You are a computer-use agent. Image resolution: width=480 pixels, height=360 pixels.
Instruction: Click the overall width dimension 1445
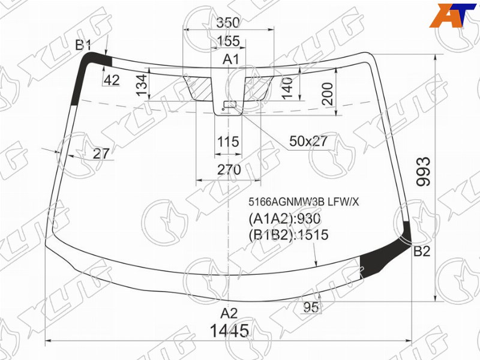229,331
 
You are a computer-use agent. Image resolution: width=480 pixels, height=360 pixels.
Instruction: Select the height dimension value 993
424,172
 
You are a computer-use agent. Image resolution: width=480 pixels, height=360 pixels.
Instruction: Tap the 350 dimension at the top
228,22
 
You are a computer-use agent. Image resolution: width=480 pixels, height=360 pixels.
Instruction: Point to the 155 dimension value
228,41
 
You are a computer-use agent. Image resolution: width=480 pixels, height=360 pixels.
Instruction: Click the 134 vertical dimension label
142,85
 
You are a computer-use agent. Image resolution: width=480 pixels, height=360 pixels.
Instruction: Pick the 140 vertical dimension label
287,88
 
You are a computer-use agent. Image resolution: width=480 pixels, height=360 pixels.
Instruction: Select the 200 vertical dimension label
327,94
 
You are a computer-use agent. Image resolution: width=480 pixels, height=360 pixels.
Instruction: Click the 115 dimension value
228,142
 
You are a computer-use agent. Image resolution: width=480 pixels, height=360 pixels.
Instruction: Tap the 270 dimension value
229,170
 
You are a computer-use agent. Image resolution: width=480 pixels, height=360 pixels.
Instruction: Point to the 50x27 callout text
308,141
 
